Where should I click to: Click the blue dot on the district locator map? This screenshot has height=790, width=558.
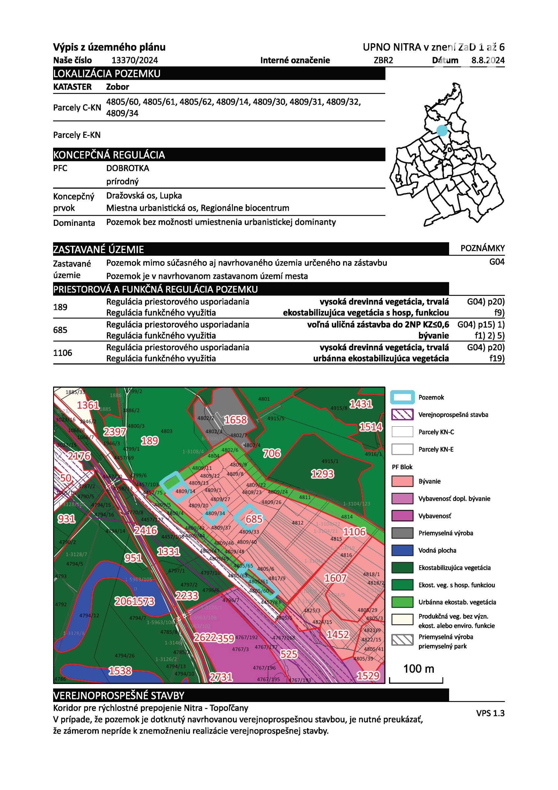442,131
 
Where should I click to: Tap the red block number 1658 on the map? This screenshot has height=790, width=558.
236,420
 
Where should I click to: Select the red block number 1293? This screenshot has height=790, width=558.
322,474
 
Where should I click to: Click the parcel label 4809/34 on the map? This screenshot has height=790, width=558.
215,513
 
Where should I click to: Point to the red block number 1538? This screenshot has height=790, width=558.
120,670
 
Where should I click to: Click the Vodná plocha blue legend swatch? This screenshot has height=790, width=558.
402,550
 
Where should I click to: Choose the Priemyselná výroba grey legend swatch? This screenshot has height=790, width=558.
402,533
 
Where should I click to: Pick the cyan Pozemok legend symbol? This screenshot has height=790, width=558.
402,397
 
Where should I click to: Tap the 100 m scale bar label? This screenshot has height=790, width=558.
419,669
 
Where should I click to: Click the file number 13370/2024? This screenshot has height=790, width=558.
134,60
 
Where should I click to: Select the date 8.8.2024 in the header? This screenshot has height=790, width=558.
488,60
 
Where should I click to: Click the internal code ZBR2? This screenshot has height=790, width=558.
383,60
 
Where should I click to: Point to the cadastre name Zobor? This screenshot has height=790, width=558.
118,87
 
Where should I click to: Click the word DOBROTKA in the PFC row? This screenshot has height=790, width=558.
127,168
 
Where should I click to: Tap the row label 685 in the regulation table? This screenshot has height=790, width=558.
60,330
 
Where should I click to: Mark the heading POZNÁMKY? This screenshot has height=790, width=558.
483,248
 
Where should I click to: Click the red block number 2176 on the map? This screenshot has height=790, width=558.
79,456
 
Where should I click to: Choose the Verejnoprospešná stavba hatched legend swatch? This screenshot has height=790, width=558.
402,415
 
